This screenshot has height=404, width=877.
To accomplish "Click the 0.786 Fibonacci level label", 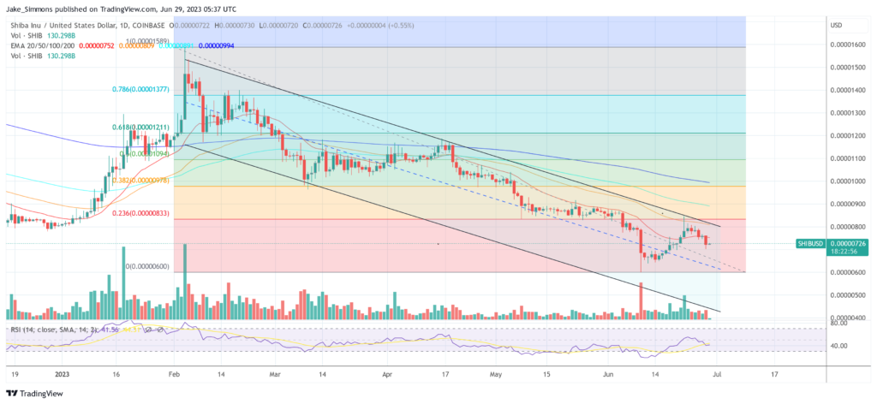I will [140, 88].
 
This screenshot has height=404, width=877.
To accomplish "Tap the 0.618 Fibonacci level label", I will [140, 127].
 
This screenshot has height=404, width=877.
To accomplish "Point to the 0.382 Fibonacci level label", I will [140, 180].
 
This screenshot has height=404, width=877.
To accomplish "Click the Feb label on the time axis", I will [174, 373].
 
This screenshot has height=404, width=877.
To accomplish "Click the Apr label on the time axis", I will [386, 373].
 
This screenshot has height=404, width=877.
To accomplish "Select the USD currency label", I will [836, 24].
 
